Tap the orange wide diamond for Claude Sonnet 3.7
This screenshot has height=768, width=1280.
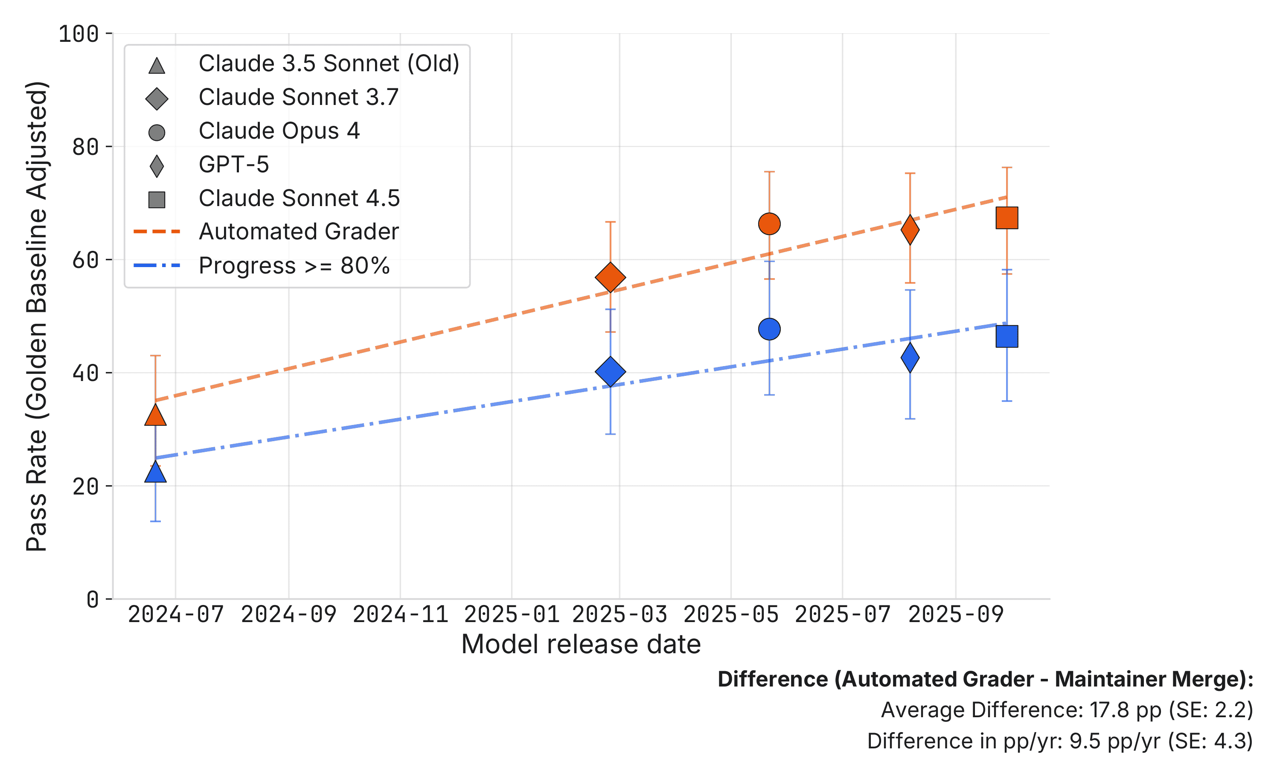click(611, 277)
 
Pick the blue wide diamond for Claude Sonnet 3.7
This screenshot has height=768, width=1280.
click(611, 371)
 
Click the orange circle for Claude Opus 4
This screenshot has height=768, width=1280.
click(769, 224)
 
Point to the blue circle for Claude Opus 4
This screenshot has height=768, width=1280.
click(769, 329)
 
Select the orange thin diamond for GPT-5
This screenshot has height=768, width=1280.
click(910, 230)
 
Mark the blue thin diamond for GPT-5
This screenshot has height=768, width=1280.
click(910, 358)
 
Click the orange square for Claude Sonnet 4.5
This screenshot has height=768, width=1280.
click(1007, 218)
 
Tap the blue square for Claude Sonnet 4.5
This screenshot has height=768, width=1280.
click(1007, 336)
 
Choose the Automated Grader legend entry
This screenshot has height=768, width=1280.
click(299, 231)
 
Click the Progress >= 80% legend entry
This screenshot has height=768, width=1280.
click(294, 265)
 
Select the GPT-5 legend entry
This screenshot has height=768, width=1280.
click(233, 165)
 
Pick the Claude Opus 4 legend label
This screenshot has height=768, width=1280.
click(279, 131)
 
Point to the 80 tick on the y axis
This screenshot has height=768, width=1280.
click(85, 147)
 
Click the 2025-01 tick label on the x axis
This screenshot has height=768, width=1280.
click(512, 615)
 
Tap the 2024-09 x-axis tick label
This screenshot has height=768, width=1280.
click(288, 615)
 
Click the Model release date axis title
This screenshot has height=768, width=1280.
click(581, 644)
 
